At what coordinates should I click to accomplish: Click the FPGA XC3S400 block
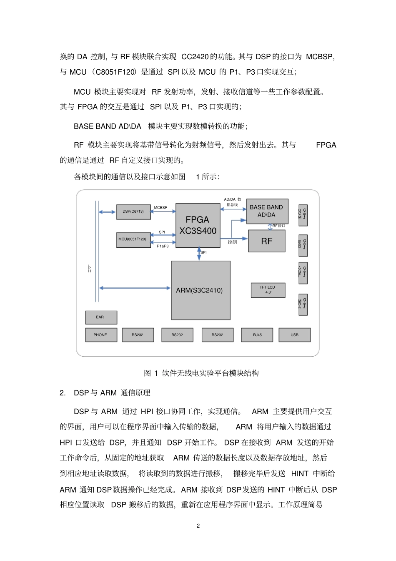coord(198,225)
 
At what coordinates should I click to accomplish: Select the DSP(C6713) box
coord(133,211)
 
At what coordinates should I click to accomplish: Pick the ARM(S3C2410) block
coord(201,290)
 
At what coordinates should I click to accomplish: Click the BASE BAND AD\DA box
coord(267,211)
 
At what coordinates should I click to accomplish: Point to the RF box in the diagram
coord(267,241)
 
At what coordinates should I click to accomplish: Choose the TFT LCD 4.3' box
coord(268,290)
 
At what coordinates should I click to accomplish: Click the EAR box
coord(100,317)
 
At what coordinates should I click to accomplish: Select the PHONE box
coord(100,335)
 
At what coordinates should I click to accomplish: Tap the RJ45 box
coord(257,335)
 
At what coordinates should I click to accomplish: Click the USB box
coord(294,335)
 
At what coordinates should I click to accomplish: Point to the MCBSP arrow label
coord(160,208)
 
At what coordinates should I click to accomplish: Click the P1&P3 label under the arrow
coord(163,246)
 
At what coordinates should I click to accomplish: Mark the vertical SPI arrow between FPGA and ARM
coord(199,254)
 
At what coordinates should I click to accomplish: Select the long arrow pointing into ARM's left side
coord(135,288)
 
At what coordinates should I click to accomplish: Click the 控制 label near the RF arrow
coord(232,242)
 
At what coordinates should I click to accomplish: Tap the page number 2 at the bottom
coord(198,526)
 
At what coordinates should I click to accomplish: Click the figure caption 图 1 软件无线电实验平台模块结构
coord(201,373)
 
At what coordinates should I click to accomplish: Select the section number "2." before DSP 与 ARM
coord(63,393)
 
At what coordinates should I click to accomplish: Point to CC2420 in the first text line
coord(195,57)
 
